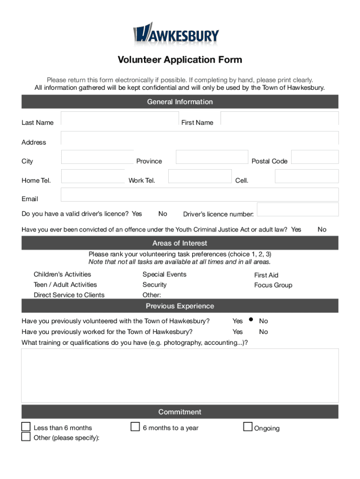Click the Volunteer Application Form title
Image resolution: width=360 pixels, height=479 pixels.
point(180,60)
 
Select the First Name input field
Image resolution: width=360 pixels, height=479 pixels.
point(279,118)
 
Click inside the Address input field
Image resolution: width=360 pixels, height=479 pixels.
point(200,138)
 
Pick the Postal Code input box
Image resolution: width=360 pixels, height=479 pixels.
point(315,157)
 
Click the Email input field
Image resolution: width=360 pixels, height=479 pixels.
point(200,195)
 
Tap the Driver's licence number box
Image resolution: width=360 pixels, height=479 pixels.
point(298,210)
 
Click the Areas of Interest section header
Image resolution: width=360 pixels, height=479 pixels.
point(180,243)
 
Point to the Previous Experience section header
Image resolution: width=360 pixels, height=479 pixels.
point(180,306)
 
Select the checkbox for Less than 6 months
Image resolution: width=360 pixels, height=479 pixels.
point(26,427)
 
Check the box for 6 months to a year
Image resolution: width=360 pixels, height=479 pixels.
point(135,427)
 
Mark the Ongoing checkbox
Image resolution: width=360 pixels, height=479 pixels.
point(248,427)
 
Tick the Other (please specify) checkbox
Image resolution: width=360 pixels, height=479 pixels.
point(26,437)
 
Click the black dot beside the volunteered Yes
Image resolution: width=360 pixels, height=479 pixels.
point(251,320)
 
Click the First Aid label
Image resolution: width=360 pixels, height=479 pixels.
point(266,275)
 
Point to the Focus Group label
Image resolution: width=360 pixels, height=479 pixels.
point(273,285)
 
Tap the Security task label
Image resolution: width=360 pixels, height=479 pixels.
point(154,285)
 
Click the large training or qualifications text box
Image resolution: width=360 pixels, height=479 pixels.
point(180,375)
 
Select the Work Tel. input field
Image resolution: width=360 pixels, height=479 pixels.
point(200,176)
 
